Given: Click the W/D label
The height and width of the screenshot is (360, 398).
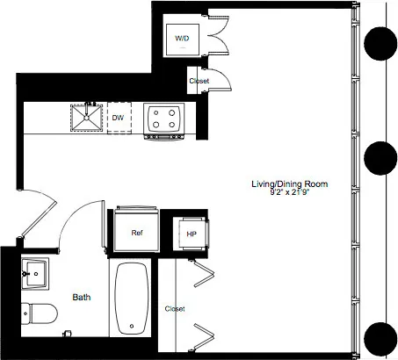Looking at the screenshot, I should [x=182, y=39].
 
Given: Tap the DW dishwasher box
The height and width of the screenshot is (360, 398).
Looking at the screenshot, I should [x=118, y=116].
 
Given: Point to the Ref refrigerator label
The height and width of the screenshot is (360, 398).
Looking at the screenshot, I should [x=137, y=233].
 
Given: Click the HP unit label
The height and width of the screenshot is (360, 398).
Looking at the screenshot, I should [x=191, y=234].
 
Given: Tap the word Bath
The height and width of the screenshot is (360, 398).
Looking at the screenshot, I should [x=82, y=298].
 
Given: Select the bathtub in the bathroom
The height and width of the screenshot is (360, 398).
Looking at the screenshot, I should [x=133, y=298].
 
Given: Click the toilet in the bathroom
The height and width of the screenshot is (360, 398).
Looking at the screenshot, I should [x=40, y=312].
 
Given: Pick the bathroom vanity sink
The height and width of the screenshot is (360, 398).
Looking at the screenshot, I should [x=36, y=273].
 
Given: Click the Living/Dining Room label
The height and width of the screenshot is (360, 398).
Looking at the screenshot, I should [x=289, y=184].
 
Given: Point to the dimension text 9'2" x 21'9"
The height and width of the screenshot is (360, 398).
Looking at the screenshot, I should [x=290, y=193].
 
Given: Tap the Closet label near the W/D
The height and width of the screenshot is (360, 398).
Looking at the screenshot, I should [x=199, y=82].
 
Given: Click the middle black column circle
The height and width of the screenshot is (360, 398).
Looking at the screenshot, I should [x=382, y=159].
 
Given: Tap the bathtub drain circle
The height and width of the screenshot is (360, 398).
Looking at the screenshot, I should [x=133, y=328].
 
